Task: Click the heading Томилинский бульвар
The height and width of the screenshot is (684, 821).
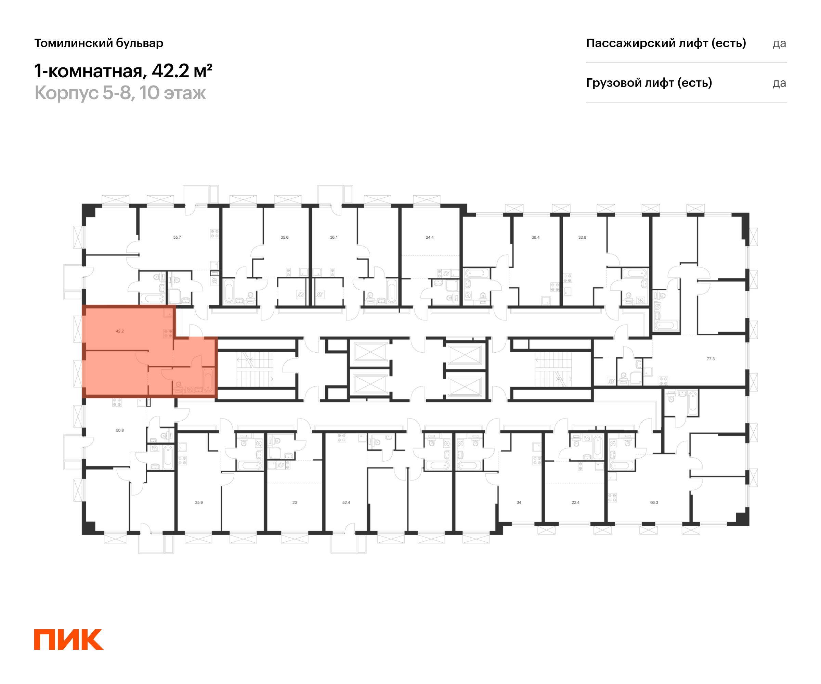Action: click(x=99, y=43)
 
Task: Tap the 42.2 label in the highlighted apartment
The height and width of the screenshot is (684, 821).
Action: click(x=120, y=331)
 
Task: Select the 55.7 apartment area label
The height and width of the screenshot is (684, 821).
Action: click(x=177, y=237)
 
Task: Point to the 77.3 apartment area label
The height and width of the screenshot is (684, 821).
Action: click(x=711, y=358)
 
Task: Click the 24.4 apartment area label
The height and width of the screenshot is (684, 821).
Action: click(x=429, y=237)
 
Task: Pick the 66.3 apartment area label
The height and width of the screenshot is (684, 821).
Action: click(x=654, y=502)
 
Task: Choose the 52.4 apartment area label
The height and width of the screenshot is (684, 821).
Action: click(x=346, y=502)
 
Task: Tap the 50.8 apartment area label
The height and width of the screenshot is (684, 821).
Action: click(x=120, y=430)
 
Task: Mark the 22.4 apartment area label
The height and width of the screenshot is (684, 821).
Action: click(x=575, y=502)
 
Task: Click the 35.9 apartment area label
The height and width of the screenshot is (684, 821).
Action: click(x=199, y=502)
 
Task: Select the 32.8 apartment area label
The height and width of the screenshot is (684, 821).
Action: click(x=582, y=237)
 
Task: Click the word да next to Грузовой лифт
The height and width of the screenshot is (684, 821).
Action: click(x=779, y=83)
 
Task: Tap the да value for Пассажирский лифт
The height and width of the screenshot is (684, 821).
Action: click(x=779, y=43)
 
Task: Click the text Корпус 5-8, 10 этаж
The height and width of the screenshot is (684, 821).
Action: click(x=120, y=93)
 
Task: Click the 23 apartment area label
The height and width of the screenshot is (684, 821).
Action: click(x=295, y=502)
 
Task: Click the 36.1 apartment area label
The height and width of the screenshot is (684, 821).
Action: click(x=334, y=237)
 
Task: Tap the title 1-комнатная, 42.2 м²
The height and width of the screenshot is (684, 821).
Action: click(x=123, y=71)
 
